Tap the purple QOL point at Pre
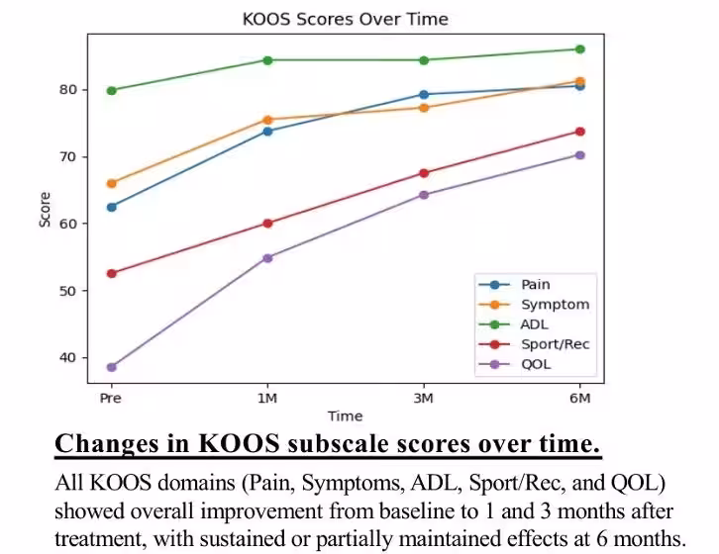[112, 367]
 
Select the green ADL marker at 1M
[267, 60]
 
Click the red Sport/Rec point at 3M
[424, 173]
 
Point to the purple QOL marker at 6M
[579, 155]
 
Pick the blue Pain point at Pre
[112, 207]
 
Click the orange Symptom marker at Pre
[112, 183]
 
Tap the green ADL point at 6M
[579, 49]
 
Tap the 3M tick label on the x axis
[424, 398]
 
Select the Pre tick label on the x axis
[112, 398]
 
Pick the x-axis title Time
[345, 416]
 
